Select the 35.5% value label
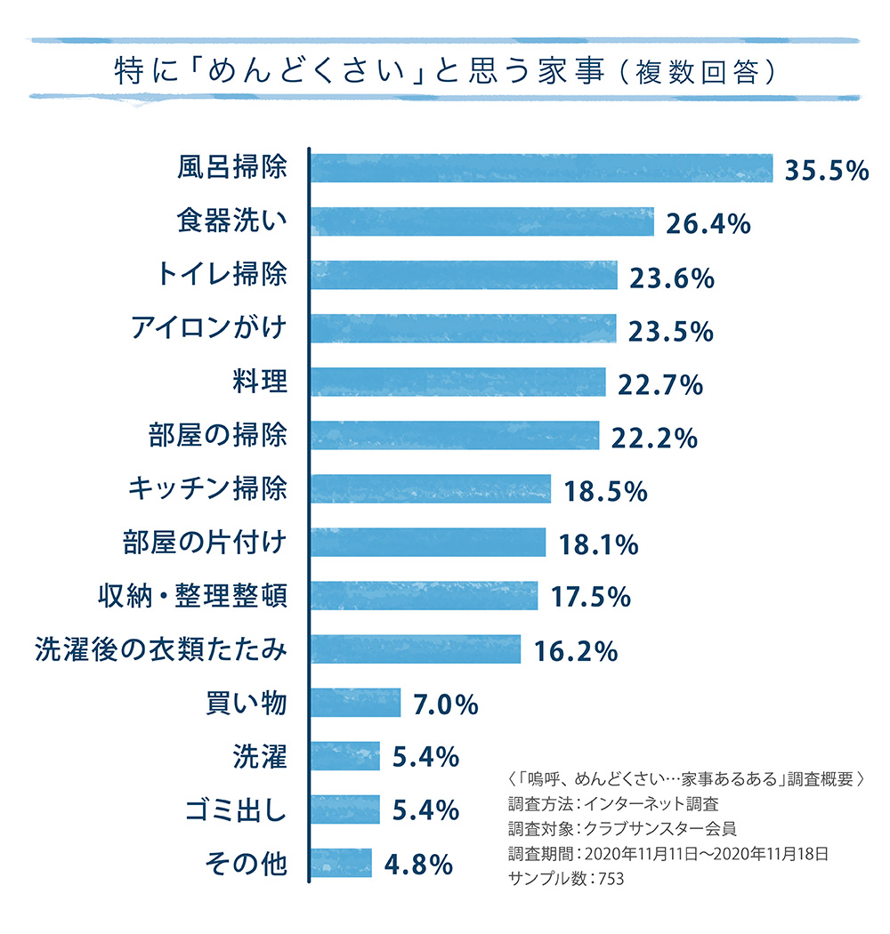point(826,170)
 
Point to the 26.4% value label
point(708,223)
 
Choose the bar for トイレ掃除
point(464,276)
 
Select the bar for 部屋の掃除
point(455,436)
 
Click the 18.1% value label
point(598,543)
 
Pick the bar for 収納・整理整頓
point(424,596)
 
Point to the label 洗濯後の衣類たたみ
point(161,649)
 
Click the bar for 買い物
point(356,703)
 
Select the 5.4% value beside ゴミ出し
point(425,810)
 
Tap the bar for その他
point(341,863)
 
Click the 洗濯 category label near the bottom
point(259,757)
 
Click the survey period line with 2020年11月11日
point(668,855)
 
